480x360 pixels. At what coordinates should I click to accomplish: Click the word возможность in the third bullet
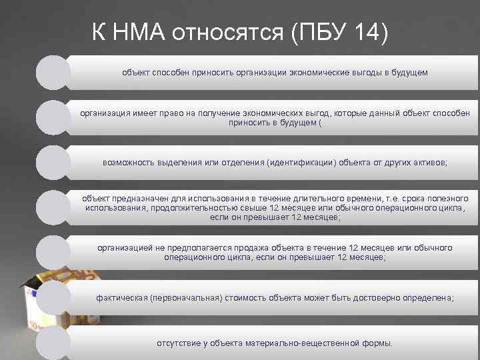130,162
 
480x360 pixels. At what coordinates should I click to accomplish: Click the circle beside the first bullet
53,72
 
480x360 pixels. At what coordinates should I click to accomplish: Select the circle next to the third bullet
53,162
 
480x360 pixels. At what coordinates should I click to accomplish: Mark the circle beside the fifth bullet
53,252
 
